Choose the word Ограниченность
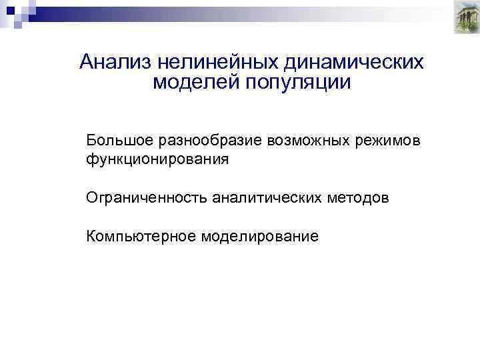coord(146,198)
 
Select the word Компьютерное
coord(140,237)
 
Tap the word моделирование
coord(259,237)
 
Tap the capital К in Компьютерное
coord(90,236)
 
